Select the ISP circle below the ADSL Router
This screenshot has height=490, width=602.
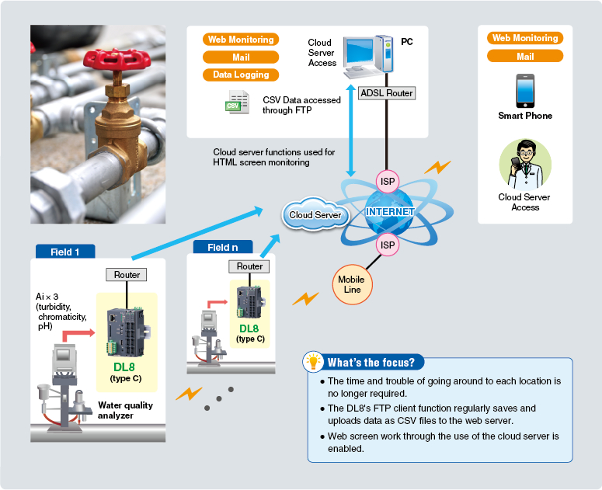387,180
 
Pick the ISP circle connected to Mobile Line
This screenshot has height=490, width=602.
387,245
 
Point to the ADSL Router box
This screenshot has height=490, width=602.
387,93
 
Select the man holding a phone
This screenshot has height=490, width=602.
525,164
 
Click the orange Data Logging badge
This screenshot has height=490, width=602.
241,75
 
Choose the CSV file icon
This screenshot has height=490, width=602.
236,103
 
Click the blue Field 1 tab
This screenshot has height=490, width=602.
65,252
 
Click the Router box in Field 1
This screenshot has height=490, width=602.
127,275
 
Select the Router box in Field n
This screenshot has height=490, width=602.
249,266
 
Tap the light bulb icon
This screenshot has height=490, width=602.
314,362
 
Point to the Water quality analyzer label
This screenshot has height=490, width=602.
126,410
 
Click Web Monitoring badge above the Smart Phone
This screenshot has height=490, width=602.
525,38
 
